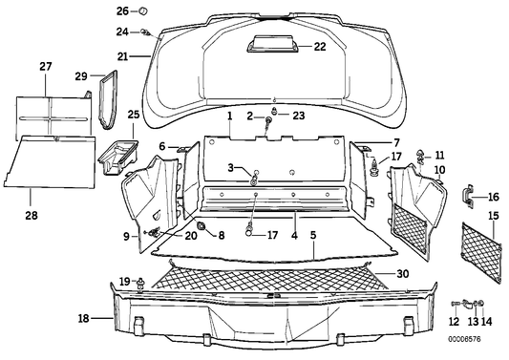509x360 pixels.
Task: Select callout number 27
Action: tap(45, 66)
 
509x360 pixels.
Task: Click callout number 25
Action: tap(133, 115)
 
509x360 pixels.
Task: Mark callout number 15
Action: tap(494, 217)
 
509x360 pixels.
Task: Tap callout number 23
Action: tap(298, 116)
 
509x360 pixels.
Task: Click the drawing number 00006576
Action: tap(477, 337)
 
